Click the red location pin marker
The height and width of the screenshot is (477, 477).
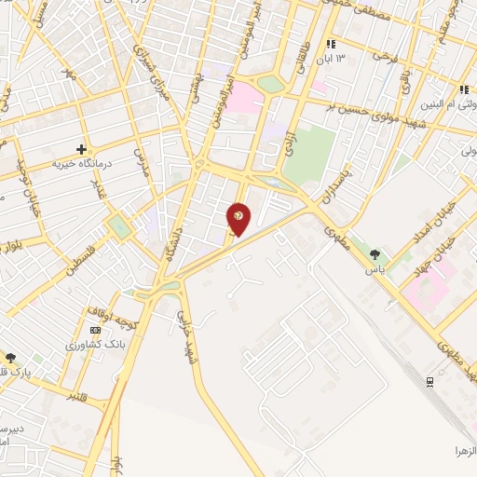point(238,218)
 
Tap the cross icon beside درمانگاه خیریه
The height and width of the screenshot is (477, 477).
point(82,149)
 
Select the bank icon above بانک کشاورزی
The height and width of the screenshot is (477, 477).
point(94,330)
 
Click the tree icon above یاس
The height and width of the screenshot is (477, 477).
point(375,254)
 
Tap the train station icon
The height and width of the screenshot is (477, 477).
point(429,382)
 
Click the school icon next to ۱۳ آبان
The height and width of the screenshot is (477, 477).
point(330,44)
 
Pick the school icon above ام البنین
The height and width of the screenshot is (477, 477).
point(463,89)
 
